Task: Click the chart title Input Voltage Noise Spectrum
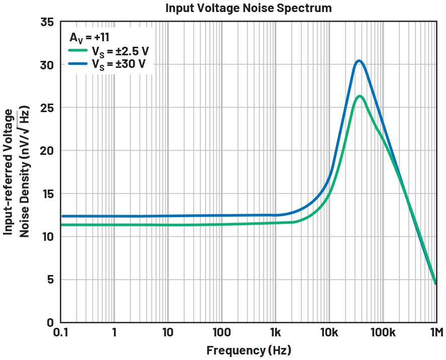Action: coord(248,8)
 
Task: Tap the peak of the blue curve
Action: coord(359,61)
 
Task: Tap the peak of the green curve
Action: coord(360,96)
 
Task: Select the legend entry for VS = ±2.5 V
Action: coord(120,51)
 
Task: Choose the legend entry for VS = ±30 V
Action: coord(120,64)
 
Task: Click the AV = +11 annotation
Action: coord(89,37)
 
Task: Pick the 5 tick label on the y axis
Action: coord(50,280)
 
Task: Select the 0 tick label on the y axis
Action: coord(50,323)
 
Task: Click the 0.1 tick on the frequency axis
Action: coord(61,332)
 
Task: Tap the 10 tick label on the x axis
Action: coord(168,332)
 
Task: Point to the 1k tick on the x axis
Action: coord(275,332)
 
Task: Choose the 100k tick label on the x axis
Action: coord(382,332)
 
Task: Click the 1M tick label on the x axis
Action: coord(435,332)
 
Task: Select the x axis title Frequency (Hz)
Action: coord(248,350)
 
